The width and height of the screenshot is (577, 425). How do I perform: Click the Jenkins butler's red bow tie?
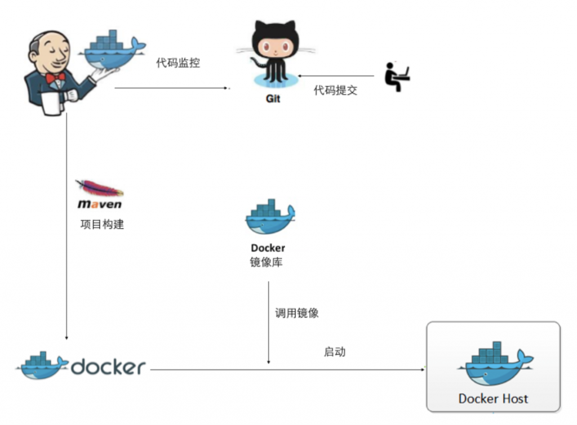pyautogui.click(x=55, y=77)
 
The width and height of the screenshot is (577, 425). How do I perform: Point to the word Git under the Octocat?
pyautogui.click(x=273, y=99)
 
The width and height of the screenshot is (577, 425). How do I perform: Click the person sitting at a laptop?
pyautogui.click(x=397, y=77)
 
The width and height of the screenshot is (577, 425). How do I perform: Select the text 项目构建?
pyautogui.click(x=102, y=224)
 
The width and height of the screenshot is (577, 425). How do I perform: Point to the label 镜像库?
pyautogui.click(x=267, y=262)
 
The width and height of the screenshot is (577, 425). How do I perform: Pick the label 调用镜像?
pyautogui.click(x=296, y=313)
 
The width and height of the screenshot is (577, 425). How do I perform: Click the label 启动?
pyautogui.click(x=334, y=352)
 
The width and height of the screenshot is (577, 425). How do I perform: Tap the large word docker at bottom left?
pyautogui.click(x=108, y=368)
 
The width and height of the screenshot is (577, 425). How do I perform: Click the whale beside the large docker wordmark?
pyautogui.click(x=42, y=365)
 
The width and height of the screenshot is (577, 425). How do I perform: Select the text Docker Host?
pyautogui.click(x=493, y=399)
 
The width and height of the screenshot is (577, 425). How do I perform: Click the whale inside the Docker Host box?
pyautogui.click(x=493, y=364)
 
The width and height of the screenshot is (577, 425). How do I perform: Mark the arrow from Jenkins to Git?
pyautogui.click(x=172, y=88)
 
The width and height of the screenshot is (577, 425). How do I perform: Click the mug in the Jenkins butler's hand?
pyautogui.click(x=50, y=104)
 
